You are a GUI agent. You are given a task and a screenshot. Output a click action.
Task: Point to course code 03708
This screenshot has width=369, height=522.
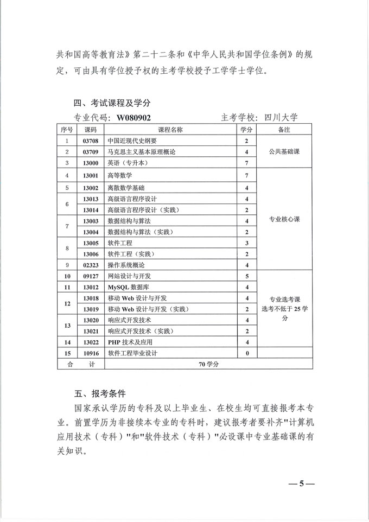point(90,141)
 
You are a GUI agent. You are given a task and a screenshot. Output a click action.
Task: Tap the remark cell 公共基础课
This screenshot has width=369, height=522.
point(285,152)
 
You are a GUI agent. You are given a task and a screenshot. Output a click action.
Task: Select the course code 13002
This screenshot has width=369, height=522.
point(90,188)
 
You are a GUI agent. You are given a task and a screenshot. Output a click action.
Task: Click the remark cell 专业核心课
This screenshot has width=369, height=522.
point(285,220)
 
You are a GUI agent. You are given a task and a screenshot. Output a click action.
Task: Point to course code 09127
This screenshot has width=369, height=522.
point(90,276)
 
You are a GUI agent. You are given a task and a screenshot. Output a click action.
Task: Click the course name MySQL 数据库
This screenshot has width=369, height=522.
point(129,287)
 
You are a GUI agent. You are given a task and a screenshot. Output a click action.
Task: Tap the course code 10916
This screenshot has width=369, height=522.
point(90,353)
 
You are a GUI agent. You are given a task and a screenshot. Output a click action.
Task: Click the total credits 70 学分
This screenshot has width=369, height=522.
point(208,365)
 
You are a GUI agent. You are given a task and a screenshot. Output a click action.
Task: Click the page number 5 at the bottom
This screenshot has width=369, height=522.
point(301,483)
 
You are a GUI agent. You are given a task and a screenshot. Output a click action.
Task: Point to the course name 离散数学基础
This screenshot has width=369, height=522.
point(128,188)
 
